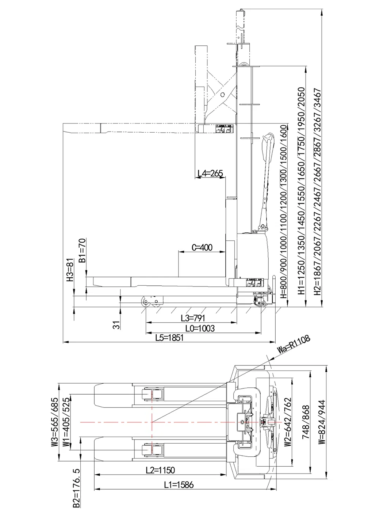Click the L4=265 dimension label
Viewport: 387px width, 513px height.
[x=210, y=174]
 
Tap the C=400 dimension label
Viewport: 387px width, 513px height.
[x=202, y=248]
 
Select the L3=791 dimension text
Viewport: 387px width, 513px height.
[x=193, y=318]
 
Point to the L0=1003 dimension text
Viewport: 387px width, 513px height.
[x=200, y=328]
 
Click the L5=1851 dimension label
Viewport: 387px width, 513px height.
[x=169, y=338]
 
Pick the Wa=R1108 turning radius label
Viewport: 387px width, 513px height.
[x=294, y=344]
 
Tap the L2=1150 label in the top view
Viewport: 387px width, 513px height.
[x=160, y=470]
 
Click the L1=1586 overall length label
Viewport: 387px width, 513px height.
[x=179, y=485]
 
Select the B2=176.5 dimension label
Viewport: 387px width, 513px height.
[x=76, y=488]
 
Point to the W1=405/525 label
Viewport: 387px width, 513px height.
[x=66, y=422]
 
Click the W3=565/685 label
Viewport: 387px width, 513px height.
[x=55, y=422]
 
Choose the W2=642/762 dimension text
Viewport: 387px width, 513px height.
[x=288, y=422]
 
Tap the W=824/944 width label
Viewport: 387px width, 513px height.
[x=322, y=422]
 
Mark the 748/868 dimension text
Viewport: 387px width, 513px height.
[x=306, y=422]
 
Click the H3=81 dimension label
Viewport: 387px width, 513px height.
[x=70, y=270]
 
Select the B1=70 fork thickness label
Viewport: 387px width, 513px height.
[x=83, y=251]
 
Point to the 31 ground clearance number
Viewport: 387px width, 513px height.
[x=116, y=325]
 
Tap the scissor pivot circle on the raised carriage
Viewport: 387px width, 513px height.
[x=222, y=94]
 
